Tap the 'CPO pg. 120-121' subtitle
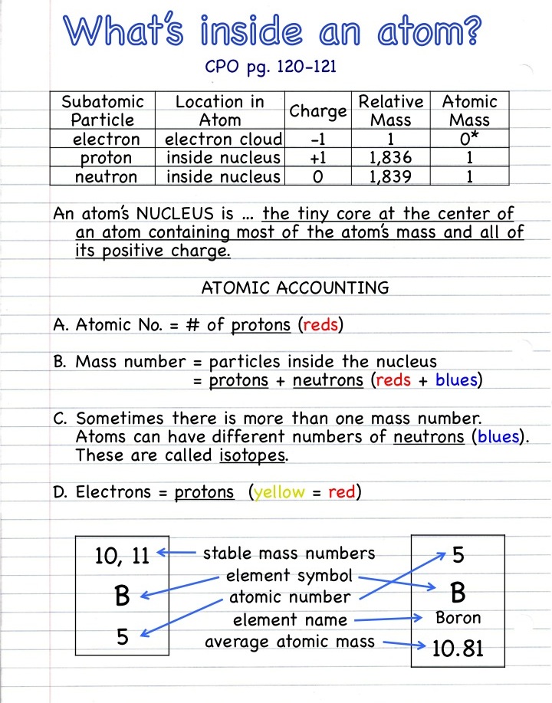coord(271,67)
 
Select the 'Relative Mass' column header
coord(391,110)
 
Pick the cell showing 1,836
coord(391,158)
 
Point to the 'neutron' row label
coord(107,177)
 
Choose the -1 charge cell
coord(317,140)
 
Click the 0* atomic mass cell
coord(469,139)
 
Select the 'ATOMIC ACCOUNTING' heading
coord(295,288)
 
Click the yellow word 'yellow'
coord(279,492)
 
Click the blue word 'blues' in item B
coord(457,380)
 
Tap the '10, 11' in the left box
coord(122,556)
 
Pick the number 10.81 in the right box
coord(458,649)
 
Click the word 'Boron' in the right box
coord(458,617)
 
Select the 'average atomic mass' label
coord(290,641)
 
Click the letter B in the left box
coord(122,596)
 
